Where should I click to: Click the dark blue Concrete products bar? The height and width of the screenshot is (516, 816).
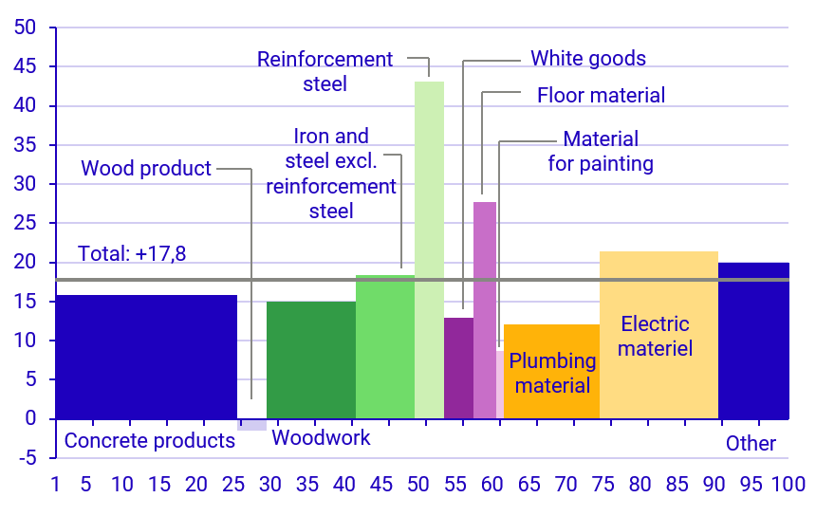click(x=146, y=356)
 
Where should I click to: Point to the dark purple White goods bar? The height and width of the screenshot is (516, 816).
click(x=458, y=367)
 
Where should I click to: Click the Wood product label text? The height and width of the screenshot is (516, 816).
click(x=146, y=169)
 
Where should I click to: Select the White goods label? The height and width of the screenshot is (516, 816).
click(x=588, y=59)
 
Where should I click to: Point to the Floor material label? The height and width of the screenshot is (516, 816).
click(x=601, y=96)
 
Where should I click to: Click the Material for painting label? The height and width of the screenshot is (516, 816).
click(x=601, y=152)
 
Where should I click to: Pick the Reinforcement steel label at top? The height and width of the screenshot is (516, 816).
click(x=325, y=71)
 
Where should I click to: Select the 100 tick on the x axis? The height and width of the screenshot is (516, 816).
click(x=788, y=486)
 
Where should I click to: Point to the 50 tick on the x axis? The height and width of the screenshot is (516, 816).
click(x=418, y=486)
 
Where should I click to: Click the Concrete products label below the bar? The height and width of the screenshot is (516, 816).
click(x=149, y=441)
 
